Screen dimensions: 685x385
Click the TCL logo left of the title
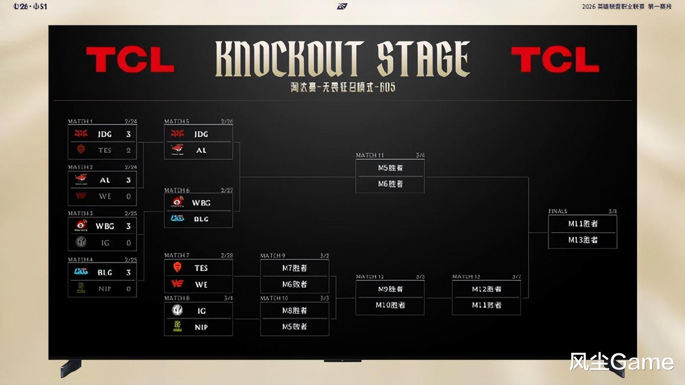click(130, 60)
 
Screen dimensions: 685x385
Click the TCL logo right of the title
click(555, 60)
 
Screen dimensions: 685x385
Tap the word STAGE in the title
click(423, 59)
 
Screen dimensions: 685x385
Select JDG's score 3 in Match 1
click(129, 134)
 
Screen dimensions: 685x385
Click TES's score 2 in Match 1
click(129, 150)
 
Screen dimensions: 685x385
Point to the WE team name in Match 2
click(105, 196)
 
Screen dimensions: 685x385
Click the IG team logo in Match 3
click(81, 242)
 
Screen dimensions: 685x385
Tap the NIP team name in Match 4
click(105, 288)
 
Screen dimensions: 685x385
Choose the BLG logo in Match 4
click(81, 272)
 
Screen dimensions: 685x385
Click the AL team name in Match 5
click(201, 150)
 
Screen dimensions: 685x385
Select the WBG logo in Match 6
click(177, 202)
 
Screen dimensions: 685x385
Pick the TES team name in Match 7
click(201, 268)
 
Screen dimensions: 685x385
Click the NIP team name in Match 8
click(201, 327)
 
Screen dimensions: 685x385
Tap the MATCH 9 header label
click(273, 256)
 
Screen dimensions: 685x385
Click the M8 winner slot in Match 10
click(294, 311)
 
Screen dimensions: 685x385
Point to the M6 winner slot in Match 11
click(390, 184)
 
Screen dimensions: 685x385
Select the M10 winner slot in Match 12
click(390, 305)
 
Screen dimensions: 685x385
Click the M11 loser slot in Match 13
click(486, 305)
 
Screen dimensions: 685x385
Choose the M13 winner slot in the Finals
click(583, 240)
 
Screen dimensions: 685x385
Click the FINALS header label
click(557, 211)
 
